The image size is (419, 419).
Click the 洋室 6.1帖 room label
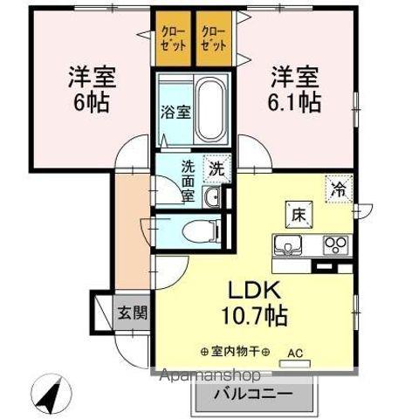(293, 86)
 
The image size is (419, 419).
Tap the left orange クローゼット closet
(173, 39)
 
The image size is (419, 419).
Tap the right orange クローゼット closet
(215, 39)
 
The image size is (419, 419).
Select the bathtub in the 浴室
(209, 106)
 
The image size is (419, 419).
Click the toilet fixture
(198, 231)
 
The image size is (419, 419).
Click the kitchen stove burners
(332, 243)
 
